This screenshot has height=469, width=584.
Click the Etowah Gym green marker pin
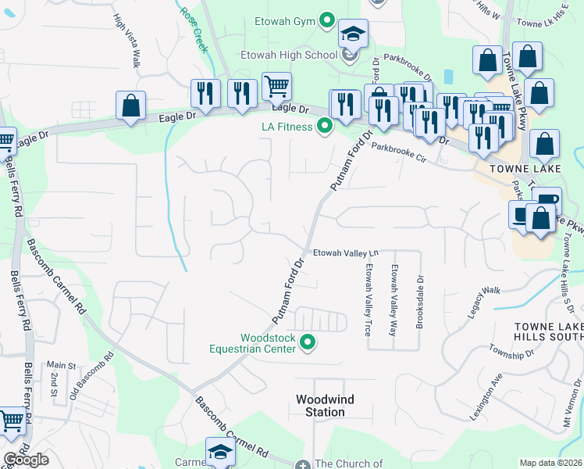pyautogui.click(x=327, y=20)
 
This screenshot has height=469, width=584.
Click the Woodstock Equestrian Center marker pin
pyautogui.click(x=308, y=342)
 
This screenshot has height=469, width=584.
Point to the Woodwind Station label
pyautogui.click(x=325, y=406)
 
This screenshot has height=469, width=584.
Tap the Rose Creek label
pyautogui.click(x=194, y=30)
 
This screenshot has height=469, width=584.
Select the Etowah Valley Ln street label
pyautogui.click(x=345, y=252)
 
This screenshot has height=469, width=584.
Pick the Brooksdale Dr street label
pyautogui.click(x=419, y=301)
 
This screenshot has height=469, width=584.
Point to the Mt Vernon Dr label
pyautogui.click(x=568, y=400)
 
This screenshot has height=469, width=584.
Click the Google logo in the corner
pyautogui.click(x=26, y=460)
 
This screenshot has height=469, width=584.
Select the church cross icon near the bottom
pyautogui.click(x=304, y=464)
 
